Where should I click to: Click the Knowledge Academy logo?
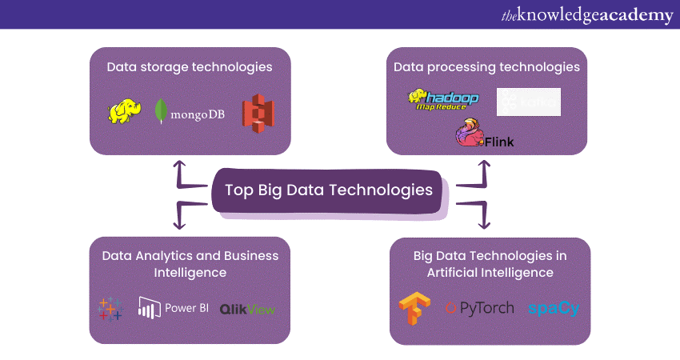coord(586,14)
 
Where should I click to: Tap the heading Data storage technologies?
coord(190,67)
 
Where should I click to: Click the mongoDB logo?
coord(190,113)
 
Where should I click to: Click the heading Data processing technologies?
coord(486,67)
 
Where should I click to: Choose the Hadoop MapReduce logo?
coord(443,99)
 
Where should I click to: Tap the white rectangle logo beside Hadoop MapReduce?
coord(528,102)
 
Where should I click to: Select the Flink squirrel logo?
coord(483,134)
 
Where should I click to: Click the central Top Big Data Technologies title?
coord(328,190)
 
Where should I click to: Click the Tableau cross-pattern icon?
coord(110,309)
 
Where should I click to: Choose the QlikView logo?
coord(247,309)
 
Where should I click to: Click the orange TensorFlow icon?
coord(413,309)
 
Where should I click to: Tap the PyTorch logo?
coord(479,308)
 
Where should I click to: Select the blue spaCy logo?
coord(553,308)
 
